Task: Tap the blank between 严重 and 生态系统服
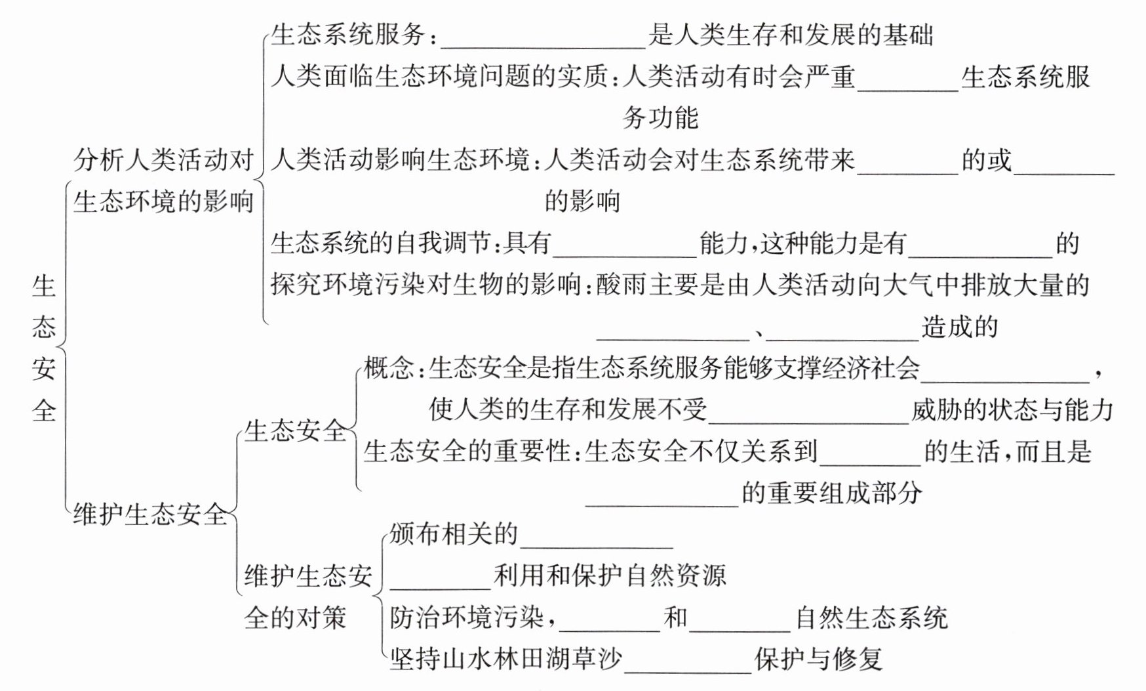907,81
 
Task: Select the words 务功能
660,118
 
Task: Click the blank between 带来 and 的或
907,165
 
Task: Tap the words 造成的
959,326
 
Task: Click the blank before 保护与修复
688,664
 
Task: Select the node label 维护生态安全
150,514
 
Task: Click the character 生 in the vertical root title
44,285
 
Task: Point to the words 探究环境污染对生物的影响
426,285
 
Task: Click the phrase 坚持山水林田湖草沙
505,659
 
